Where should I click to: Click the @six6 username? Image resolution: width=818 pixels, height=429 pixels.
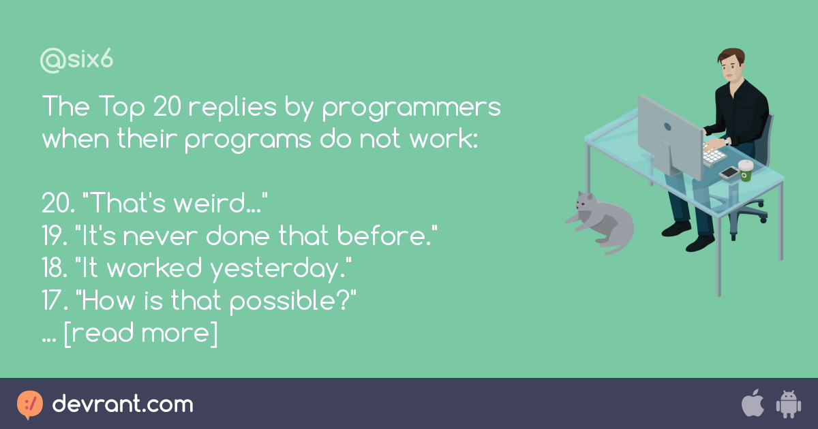point(76,61)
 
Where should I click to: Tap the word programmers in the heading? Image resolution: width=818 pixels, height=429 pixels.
point(411,108)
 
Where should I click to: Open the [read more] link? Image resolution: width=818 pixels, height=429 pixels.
point(140,334)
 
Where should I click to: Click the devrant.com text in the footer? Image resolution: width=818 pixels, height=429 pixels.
point(123,404)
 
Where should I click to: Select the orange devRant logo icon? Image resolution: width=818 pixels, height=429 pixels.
point(29,404)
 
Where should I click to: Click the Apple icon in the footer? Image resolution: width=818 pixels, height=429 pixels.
point(752,404)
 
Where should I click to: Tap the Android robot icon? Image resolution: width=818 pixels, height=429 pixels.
point(788,404)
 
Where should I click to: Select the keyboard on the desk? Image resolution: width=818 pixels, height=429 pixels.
point(714,155)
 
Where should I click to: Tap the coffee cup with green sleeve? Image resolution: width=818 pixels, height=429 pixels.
point(746,170)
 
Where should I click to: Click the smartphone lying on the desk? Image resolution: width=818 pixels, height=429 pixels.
point(729,173)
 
